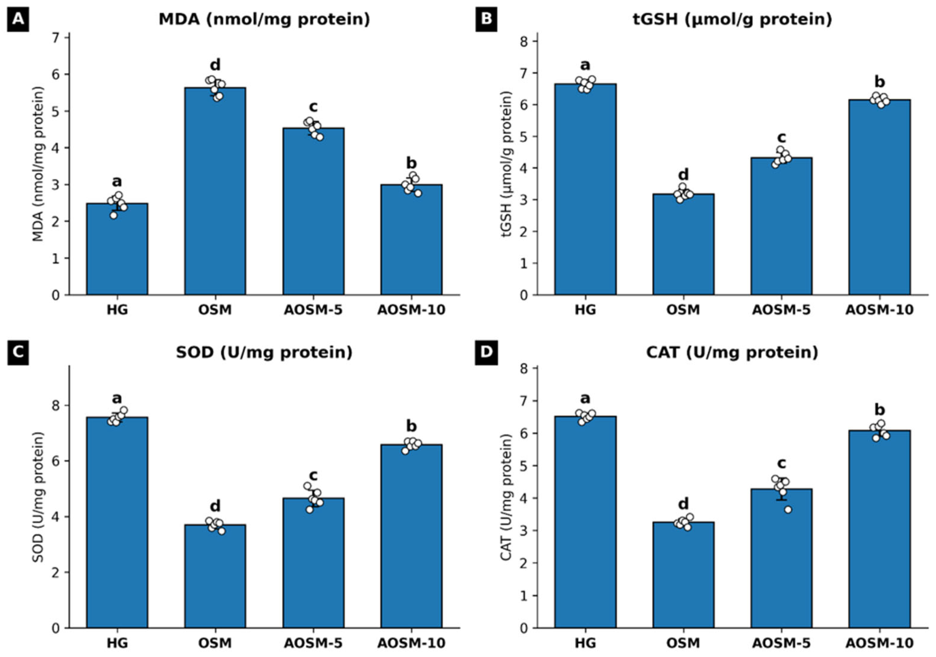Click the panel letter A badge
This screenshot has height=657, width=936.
(x=18, y=19)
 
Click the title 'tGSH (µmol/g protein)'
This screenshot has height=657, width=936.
(x=732, y=19)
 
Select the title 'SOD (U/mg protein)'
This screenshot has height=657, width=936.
(x=264, y=352)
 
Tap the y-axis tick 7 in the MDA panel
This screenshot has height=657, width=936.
(x=56, y=38)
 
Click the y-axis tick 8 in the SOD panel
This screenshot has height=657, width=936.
(x=56, y=405)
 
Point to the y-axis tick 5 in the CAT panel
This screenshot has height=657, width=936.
(x=524, y=466)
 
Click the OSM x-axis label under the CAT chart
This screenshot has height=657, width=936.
(x=683, y=643)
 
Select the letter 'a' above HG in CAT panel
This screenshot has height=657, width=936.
(x=585, y=398)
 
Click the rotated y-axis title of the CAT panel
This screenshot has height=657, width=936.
(x=506, y=497)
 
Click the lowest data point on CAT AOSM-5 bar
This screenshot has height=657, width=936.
(x=788, y=509)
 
